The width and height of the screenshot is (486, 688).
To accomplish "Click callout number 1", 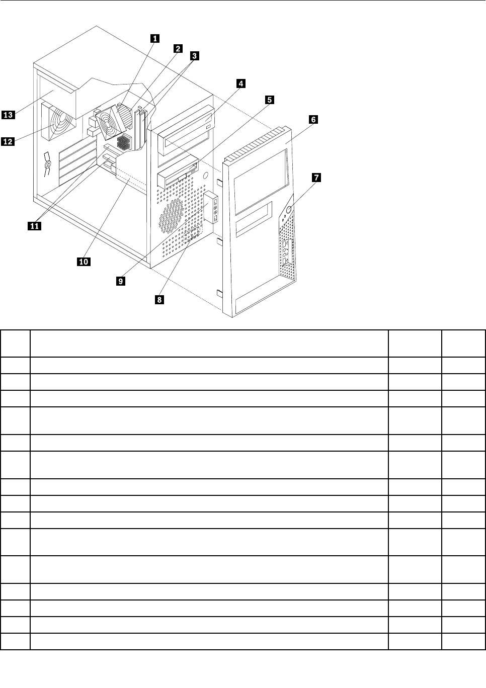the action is coord(155,38).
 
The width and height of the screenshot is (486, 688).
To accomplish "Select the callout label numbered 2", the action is coord(178,48).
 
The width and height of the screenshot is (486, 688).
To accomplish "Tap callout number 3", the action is coord(194,56).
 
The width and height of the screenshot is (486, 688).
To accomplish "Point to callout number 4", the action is coord(241,83).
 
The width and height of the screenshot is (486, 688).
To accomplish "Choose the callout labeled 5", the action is coord(270,100).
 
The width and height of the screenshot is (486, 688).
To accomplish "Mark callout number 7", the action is coord(316,178).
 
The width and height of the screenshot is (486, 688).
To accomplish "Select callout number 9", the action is coord(120,282).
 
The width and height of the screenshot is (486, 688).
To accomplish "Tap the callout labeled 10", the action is coord(84,261).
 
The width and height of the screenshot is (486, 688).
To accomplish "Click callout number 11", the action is coord(34,226).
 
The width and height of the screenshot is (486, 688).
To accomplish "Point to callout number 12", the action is coord(8,142).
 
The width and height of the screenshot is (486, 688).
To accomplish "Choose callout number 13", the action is coord(8,115).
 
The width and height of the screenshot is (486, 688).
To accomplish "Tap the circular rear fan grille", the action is coord(60,124).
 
